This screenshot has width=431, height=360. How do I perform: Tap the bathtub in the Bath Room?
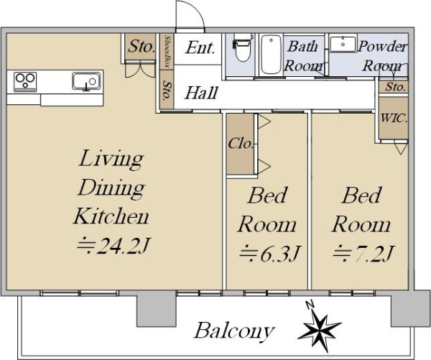pos(271,54)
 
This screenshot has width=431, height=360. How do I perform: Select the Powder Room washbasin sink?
pos(343,44)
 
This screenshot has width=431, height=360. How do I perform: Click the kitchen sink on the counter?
pos(86,81)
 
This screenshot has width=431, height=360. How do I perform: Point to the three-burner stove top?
pos(25,81)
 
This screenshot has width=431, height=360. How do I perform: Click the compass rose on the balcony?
pos(320,327)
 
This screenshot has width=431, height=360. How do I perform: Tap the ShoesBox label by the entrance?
pos(167,52)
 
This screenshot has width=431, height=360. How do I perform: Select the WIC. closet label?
pos(394,119)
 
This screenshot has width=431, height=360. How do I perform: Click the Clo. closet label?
pos(241,143)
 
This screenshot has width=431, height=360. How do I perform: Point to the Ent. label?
pos(200,47)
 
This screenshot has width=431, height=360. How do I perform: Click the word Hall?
pos(201,93)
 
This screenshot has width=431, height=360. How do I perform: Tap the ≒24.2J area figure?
pos(113,245)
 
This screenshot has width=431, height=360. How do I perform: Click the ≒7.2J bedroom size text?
pos(363,253)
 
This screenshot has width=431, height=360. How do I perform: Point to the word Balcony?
pos(234,331)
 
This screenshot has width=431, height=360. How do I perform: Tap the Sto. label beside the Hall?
pos(167,90)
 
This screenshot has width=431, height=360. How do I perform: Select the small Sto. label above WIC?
pos(396,87)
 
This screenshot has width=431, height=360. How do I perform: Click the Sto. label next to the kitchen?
pos(141,46)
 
